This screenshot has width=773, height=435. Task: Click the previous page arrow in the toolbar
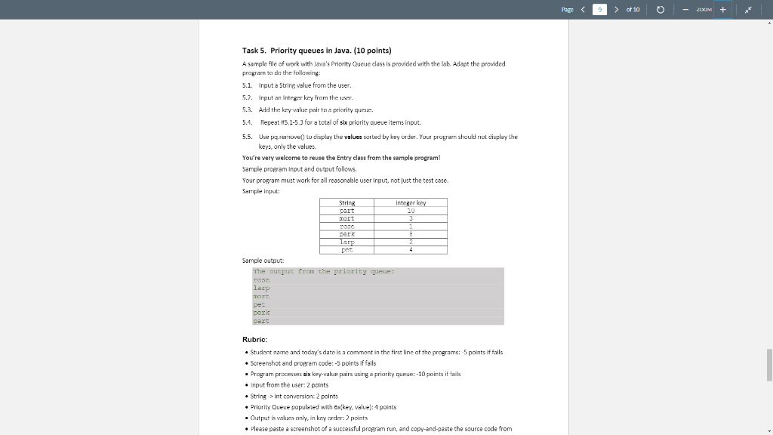click(x=583, y=9)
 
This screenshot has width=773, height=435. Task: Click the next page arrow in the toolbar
click(x=616, y=9)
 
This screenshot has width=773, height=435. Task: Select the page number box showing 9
click(x=600, y=9)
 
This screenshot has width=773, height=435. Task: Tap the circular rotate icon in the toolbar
click(x=660, y=9)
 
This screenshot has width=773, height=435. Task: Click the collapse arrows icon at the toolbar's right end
click(x=748, y=9)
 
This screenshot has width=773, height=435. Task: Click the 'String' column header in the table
click(x=347, y=202)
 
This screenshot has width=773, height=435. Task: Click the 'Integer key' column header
click(x=411, y=202)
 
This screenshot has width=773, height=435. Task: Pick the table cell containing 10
click(x=411, y=211)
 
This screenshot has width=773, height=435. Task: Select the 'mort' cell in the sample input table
click(x=347, y=218)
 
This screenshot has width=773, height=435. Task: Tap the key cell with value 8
click(x=411, y=234)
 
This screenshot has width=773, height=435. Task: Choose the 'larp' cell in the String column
click(x=347, y=242)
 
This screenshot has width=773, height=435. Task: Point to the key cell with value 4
click(x=411, y=249)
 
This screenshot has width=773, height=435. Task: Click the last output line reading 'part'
click(x=261, y=321)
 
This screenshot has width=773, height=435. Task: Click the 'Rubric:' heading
click(x=254, y=340)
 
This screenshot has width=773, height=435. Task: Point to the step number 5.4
click(x=247, y=122)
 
